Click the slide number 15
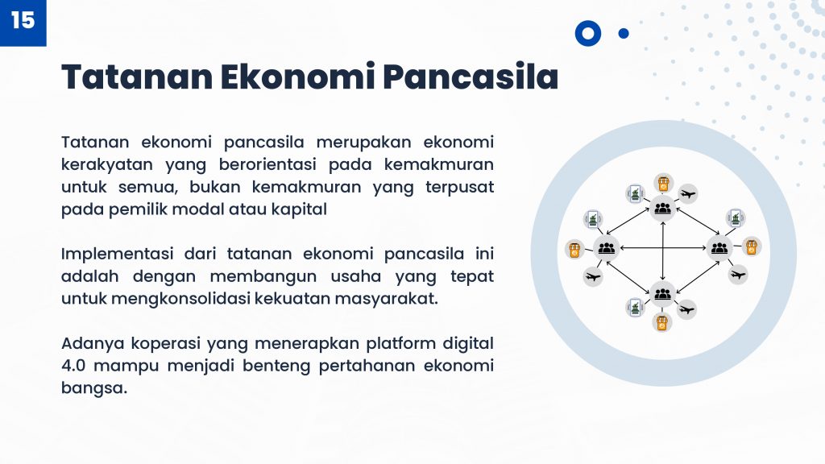(x=23, y=20)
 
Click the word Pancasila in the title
(x=471, y=77)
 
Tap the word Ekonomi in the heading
(x=298, y=77)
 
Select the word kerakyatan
(x=107, y=164)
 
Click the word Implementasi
(x=118, y=254)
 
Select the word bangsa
(x=93, y=388)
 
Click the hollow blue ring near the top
(x=587, y=33)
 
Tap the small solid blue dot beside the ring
(x=624, y=34)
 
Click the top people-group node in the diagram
(x=662, y=209)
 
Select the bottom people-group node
(x=662, y=293)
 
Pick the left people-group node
(x=606, y=248)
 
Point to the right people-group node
(x=719, y=248)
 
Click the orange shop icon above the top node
(x=664, y=183)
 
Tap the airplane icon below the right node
(x=738, y=275)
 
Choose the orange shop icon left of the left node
(x=574, y=250)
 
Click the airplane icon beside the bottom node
(x=686, y=309)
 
